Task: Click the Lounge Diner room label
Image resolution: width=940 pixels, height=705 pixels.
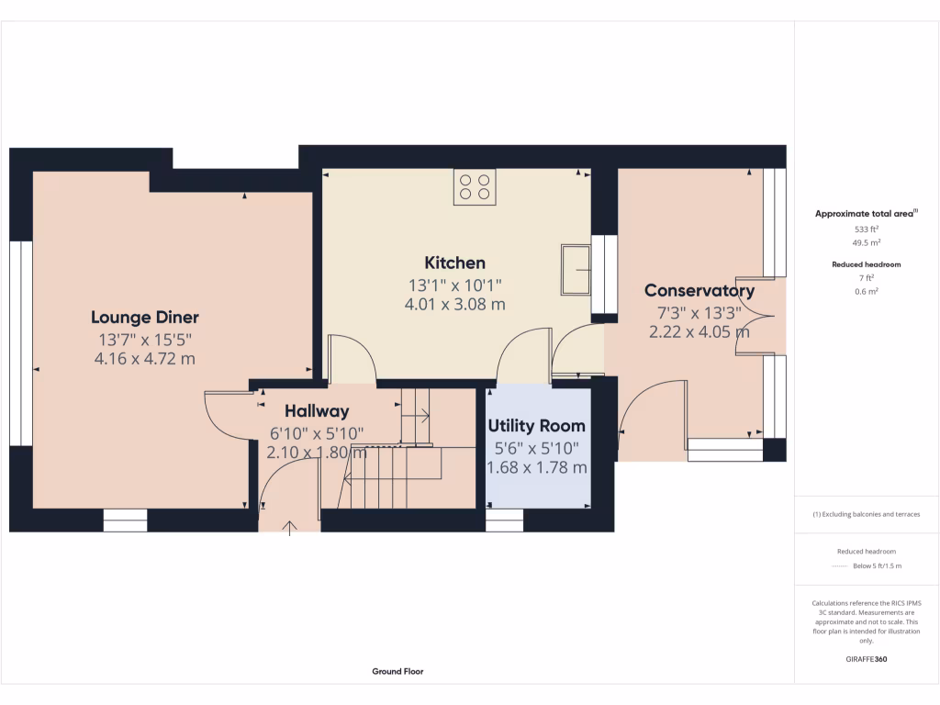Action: [x=144, y=318]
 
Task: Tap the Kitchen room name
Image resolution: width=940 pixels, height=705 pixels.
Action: [x=454, y=263]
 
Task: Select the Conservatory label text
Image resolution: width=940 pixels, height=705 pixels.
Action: [x=699, y=291]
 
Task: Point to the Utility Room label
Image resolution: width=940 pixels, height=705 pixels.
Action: [x=536, y=426]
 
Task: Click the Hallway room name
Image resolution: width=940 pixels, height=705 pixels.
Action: [x=316, y=411]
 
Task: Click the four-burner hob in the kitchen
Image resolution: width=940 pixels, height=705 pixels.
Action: [x=474, y=187]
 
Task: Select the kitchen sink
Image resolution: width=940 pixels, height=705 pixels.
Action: [x=577, y=269]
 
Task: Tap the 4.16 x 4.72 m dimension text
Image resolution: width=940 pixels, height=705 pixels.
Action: [x=144, y=359]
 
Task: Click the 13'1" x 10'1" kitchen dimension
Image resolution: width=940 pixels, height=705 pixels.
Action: [x=454, y=285]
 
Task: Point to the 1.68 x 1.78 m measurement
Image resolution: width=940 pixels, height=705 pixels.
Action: [x=536, y=468]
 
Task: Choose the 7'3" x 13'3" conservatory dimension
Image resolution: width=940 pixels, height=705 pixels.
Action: [x=699, y=312]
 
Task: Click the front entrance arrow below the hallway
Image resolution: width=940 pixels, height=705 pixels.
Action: [x=291, y=527]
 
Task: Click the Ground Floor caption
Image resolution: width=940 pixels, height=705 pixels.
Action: [x=397, y=671]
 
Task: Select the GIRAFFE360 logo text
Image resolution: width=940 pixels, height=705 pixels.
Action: [x=867, y=659]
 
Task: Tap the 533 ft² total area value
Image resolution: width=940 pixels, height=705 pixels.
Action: [x=867, y=229]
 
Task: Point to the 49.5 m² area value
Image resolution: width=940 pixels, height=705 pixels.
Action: [x=867, y=243]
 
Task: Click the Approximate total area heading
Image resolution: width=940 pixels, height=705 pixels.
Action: [x=866, y=214]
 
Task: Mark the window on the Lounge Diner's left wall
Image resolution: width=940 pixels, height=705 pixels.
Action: [x=20, y=343]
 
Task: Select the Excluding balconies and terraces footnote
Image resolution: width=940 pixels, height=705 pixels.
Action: [x=867, y=514]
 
